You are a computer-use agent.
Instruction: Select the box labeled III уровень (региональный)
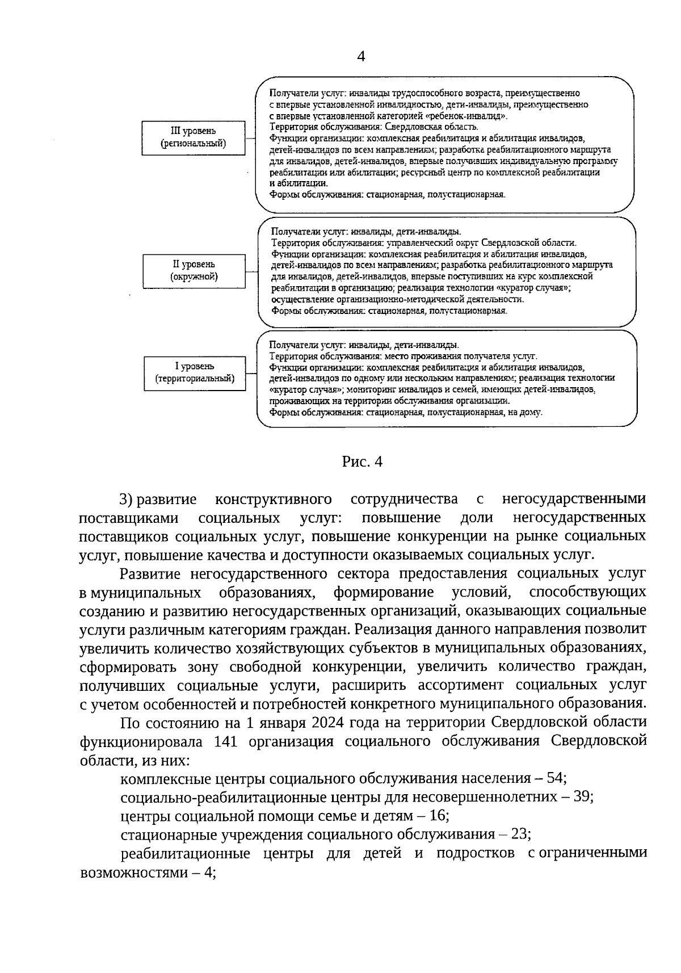pos(193,138)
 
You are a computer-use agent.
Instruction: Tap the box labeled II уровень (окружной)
pos(194,271)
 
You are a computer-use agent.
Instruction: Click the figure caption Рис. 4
pos(362,462)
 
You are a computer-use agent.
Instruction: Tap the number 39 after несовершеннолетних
pos(580,796)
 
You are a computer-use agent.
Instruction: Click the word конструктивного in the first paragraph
pos(274,500)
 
